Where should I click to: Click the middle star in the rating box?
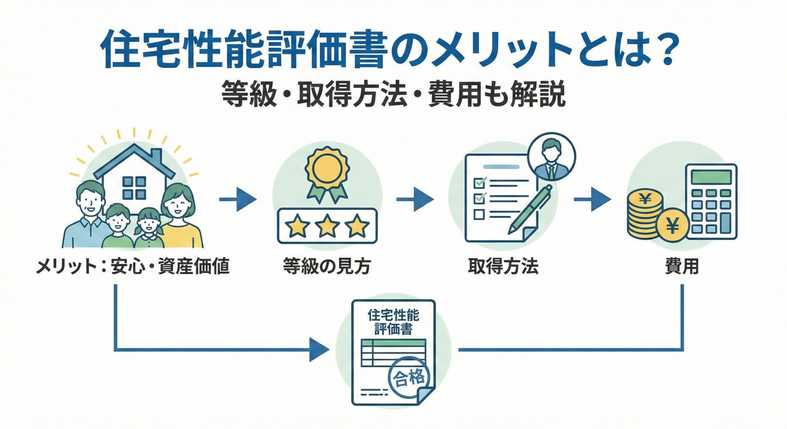tap(327, 227)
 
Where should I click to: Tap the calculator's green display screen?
tap(711, 177)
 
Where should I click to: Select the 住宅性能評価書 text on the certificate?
tap(393, 322)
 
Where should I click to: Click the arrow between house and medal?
tap(238, 200)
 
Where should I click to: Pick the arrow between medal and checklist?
tap(415, 200)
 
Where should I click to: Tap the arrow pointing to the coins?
tap(592, 200)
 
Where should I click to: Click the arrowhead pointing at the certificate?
tap(319, 350)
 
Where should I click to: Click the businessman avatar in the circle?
tap(552, 157)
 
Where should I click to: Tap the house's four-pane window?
tap(134, 188)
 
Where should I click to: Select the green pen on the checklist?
tap(531, 209)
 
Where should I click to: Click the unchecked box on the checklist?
tap(479, 214)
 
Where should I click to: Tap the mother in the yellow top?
tap(179, 217)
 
